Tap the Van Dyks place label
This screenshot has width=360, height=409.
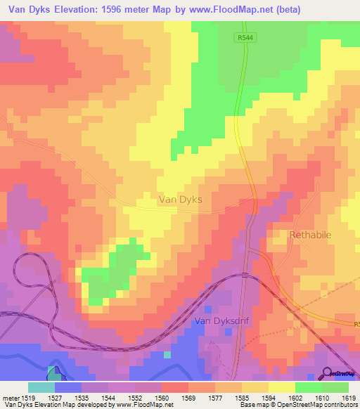[181, 200]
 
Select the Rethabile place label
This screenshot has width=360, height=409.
[310, 235]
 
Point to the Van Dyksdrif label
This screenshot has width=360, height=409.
[222, 323]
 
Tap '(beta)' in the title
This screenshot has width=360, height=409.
[302, 10]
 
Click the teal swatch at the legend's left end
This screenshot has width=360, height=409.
[41, 387]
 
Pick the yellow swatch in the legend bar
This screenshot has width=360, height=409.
[281, 387]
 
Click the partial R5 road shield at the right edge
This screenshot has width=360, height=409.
[355, 324]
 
